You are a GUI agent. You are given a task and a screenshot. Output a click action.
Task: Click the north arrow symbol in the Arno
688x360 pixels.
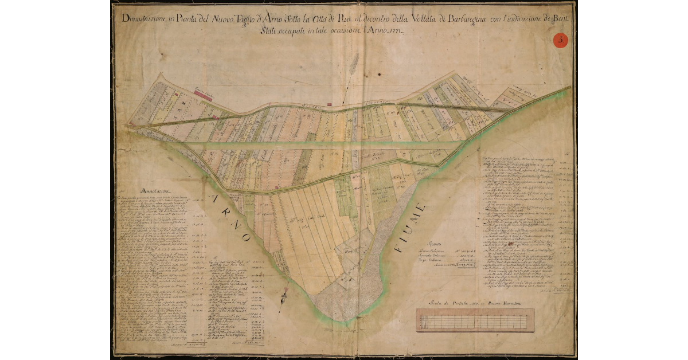pyautogui.click(x=283, y=295)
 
